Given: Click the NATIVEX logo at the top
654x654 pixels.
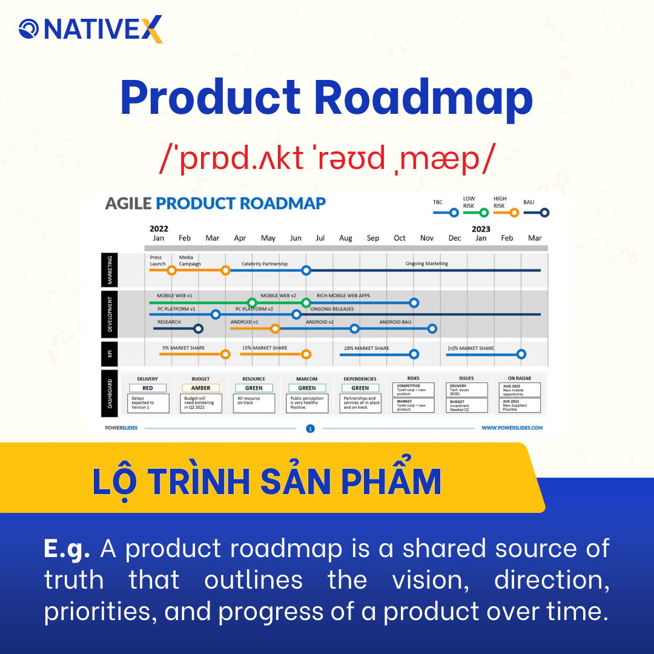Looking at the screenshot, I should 91,29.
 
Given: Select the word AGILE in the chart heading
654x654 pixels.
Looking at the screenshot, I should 128,203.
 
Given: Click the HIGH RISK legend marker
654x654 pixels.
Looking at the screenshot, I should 514,213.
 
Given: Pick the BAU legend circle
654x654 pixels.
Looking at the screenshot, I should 544,213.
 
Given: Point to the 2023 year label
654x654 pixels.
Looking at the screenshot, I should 481,229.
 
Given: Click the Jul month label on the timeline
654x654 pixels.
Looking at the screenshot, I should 320,239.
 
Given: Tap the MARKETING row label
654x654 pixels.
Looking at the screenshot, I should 110,269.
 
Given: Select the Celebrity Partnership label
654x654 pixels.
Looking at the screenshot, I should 265,264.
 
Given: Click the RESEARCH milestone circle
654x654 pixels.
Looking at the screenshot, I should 198,329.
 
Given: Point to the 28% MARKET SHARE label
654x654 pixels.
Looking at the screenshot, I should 366,348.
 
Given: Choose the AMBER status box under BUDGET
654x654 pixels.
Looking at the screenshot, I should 200,388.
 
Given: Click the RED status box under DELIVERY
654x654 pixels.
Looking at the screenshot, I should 148,388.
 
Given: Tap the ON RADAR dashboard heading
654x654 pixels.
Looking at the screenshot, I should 520,378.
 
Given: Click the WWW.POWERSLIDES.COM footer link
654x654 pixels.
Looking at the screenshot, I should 512,428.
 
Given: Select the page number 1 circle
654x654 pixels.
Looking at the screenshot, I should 310,429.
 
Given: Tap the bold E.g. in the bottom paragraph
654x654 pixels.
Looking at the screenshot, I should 67,549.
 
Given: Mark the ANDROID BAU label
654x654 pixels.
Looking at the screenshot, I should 395,322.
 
